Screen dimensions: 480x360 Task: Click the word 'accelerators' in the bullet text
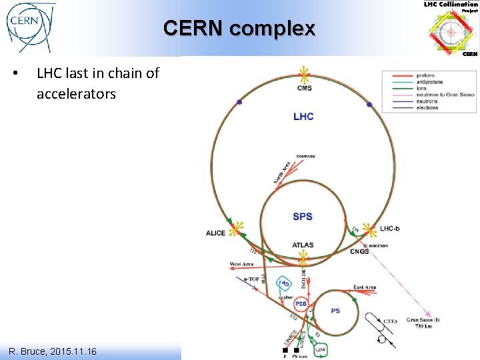[x=76, y=94]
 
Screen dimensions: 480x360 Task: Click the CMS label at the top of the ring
[x=304, y=88]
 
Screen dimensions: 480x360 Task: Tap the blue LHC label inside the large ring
[x=303, y=117]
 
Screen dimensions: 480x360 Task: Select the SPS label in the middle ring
[x=302, y=217]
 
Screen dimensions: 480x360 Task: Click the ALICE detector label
[x=215, y=233]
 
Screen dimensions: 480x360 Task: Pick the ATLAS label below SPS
[x=303, y=245]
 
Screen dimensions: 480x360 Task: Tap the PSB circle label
[x=301, y=304]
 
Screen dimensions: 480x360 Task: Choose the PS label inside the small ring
[x=335, y=311]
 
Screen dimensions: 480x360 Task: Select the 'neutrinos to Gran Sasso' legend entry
[x=445, y=95]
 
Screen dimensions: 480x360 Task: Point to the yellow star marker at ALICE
[x=235, y=229]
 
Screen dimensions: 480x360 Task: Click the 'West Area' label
[x=241, y=265]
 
